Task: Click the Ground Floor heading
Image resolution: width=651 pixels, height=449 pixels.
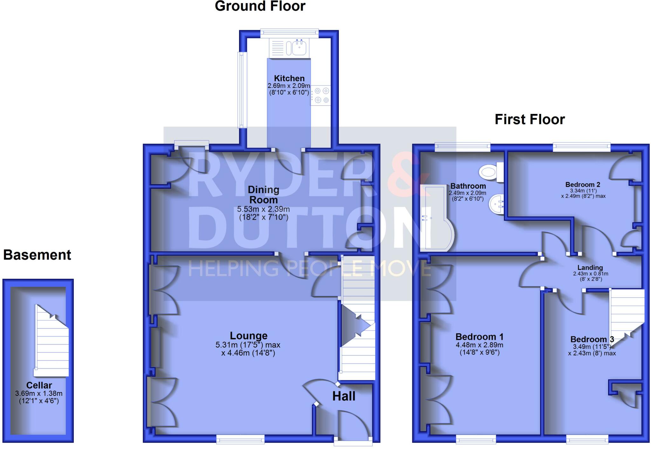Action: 260,6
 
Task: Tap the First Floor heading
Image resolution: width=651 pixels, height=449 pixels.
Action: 530,120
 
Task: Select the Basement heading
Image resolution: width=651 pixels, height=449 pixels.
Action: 37,255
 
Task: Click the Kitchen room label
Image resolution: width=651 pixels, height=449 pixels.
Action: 289,78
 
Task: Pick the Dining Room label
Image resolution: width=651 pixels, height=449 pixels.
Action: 264,194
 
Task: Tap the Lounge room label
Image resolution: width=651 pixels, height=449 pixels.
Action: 249,336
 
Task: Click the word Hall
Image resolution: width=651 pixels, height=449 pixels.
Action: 344,396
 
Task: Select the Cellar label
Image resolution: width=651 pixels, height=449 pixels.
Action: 39,385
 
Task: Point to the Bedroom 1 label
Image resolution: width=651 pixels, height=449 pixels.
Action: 479,337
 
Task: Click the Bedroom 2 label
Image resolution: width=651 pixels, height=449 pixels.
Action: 583,185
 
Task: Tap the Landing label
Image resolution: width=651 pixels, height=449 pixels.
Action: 590,268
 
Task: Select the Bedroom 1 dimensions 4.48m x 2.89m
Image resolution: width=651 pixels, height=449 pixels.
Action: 479,345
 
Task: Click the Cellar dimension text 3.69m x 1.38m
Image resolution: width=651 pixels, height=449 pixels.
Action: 39,394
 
